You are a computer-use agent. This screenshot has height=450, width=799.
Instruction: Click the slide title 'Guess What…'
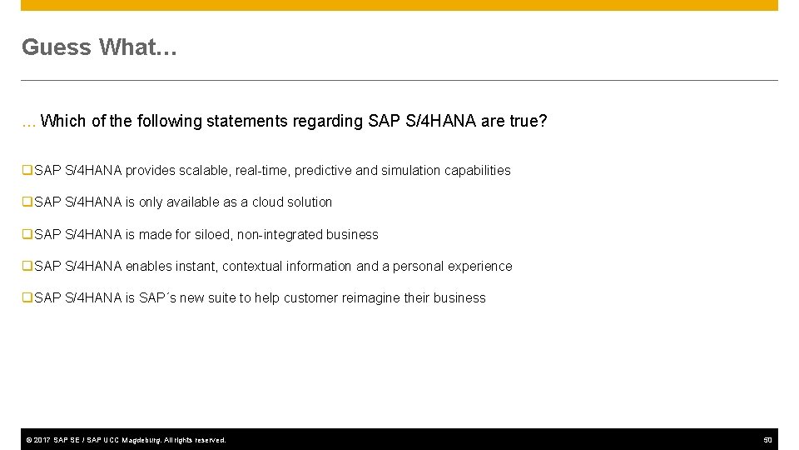coord(99,47)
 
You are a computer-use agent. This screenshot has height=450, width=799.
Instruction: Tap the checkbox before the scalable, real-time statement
coord(27,171)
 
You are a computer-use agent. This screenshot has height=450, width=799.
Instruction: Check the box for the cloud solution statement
coord(27,202)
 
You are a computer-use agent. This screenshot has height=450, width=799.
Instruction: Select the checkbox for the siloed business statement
coord(27,235)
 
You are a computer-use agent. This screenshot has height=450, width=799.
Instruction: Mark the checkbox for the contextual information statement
coord(27,267)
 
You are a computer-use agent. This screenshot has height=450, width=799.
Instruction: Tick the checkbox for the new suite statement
coord(27,298)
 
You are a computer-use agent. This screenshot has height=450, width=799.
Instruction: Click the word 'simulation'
coord(410,171)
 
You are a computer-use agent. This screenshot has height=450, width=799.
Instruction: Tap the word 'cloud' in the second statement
coord(269,202)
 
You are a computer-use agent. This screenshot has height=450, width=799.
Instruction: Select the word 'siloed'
coord(215,235)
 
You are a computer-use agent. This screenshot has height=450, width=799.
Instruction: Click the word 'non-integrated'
coord(280,235)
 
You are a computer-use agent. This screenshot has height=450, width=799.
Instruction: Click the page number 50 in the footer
coord(768,439)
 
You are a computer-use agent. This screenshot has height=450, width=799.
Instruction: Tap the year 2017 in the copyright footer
coord(42,440)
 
